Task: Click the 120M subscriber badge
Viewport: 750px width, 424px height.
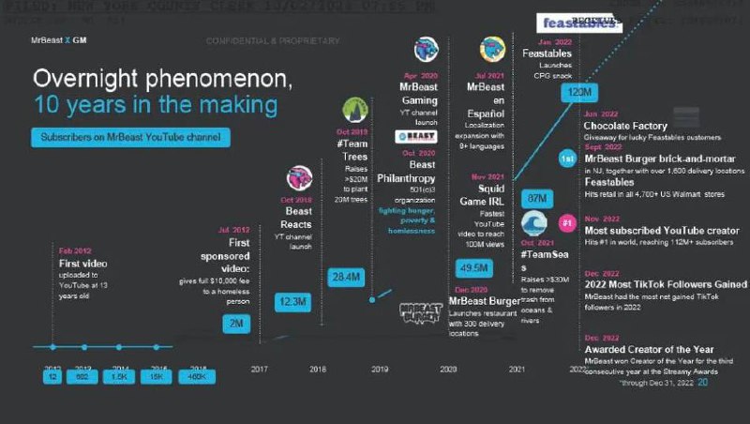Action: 577,92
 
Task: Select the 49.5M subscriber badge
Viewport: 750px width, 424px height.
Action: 466,267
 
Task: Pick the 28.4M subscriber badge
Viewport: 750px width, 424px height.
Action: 345,276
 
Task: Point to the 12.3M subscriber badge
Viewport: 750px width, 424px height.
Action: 291,301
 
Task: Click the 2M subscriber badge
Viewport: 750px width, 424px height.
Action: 236,325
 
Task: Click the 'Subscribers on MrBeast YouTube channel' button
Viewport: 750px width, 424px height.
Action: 129,137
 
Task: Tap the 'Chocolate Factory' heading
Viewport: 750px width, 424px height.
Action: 625,126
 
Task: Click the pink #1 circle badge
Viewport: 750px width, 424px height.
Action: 566,223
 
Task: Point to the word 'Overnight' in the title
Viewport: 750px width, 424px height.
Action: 97,77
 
